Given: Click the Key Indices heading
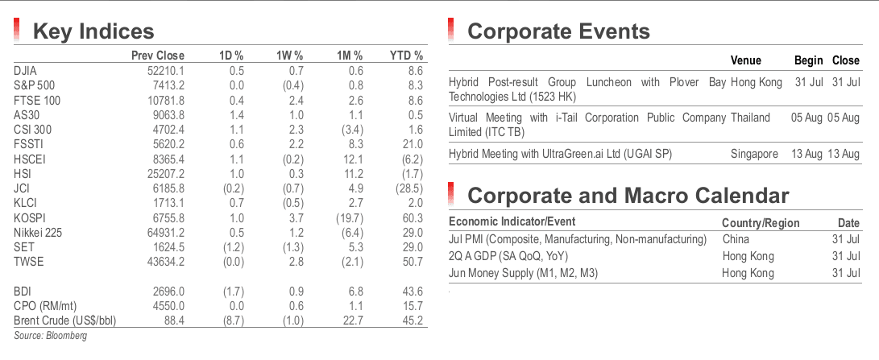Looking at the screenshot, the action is click(x=93, y=31).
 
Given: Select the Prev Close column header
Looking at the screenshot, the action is click(x=158, y=56).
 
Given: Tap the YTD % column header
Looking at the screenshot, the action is click(x=406, y=56).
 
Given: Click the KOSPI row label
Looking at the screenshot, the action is click(x=29, y=218).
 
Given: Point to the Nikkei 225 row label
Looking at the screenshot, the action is click(x=38, y=233).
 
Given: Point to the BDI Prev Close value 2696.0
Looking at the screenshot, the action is click(x=167, y=291).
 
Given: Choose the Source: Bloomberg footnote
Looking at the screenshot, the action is click(x=51, y=336).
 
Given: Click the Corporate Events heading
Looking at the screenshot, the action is click(x=558, y=31).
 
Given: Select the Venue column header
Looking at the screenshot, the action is click(x=745, y=60).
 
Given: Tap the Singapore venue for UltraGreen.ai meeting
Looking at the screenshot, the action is click(x=754, y=154).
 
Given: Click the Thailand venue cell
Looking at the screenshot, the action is click(x=750, y=118).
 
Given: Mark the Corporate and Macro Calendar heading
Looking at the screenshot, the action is click(x=628, y=196).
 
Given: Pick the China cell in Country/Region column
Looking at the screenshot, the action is click(x=736, y=239).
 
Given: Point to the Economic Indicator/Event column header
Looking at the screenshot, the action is click(x=512, y=221).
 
